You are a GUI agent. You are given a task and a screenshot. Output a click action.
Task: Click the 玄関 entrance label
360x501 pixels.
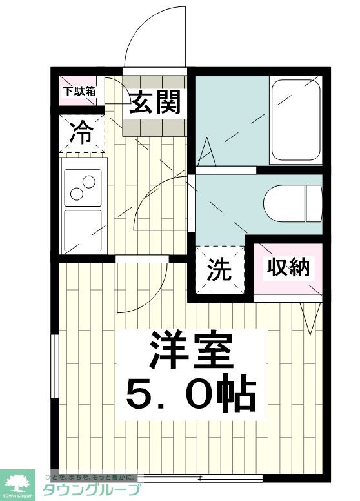pyautogui.click(x=154, y=102)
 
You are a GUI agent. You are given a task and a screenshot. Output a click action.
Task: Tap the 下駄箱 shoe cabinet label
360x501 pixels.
pyautogui.click(x=79, y=91)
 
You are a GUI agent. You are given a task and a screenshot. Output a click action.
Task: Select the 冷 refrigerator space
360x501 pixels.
pyautogui.click(x=81, y=134)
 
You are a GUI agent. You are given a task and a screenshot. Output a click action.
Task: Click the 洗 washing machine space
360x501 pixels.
pyautogui.click(x=219, y=270)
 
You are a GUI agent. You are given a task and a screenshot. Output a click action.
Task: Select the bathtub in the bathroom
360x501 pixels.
pyautogui.click(x=295, y=120)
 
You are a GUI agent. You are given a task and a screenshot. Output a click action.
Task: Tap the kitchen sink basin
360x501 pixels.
pyautogui.click(x=82, y=229)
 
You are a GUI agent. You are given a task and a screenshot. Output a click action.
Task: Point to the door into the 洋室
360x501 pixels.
pyautogui.click(x=142, y=287)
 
